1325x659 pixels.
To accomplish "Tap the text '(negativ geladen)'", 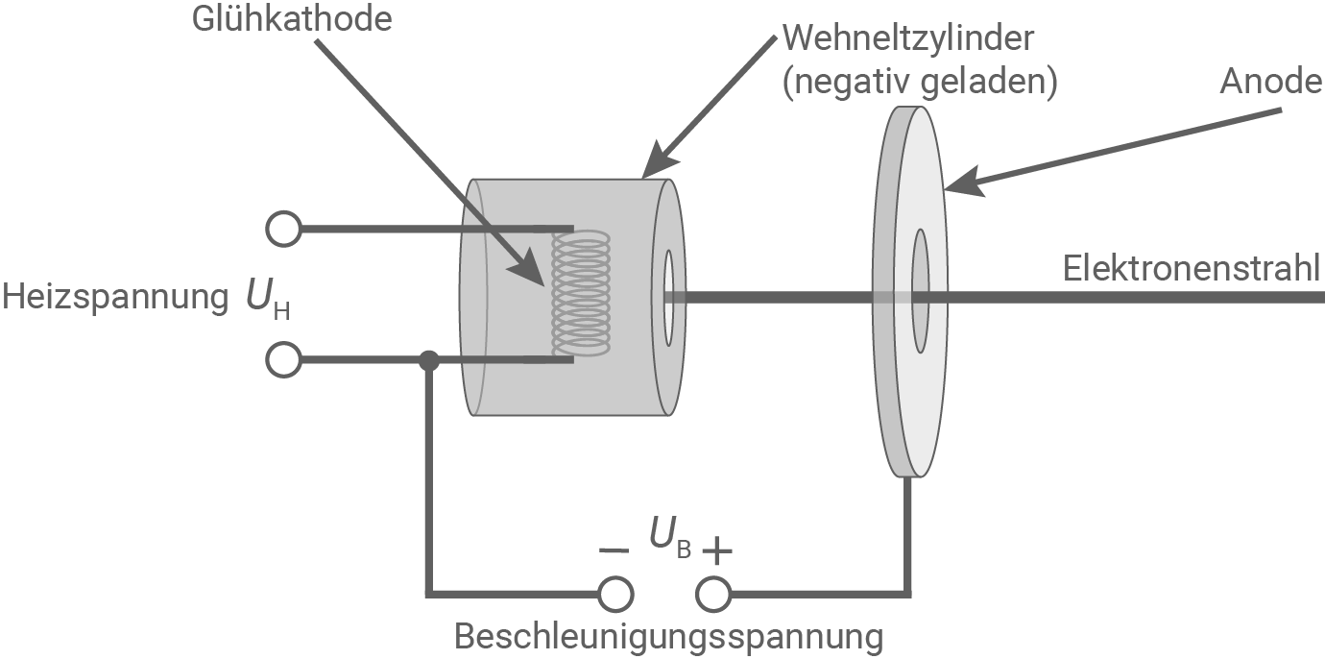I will click(920, 84).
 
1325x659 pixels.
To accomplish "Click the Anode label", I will click(1271, 82).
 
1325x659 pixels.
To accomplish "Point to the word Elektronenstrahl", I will click(1192, 268).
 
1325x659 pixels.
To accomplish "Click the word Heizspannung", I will click(115, 298).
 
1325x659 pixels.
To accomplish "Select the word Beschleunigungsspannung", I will click(668, 636).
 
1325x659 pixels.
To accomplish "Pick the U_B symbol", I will click(670, 538).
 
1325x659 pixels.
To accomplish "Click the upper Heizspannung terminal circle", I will click(283, 230).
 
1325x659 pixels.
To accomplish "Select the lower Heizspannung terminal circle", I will click(283, 361).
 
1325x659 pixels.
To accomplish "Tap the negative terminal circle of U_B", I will click(614, 595).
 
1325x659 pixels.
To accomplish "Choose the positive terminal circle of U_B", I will click(713, 595).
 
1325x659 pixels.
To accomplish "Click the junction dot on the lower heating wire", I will click(429, 361).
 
